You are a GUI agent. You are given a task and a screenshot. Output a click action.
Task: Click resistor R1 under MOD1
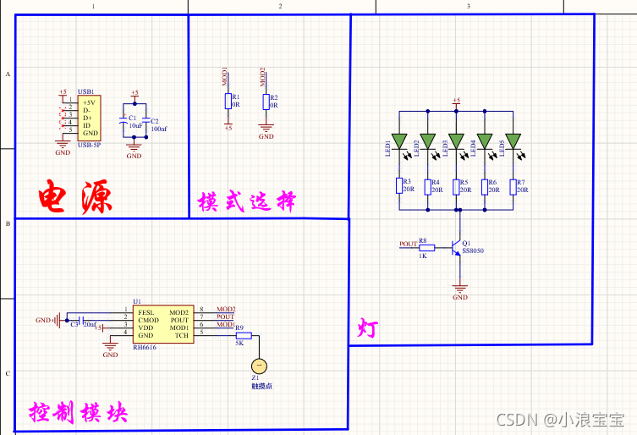point(228,102)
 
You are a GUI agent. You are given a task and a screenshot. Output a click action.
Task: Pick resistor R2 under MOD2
point(266,102)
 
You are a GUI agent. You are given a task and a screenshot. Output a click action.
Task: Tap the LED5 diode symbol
point(512,140)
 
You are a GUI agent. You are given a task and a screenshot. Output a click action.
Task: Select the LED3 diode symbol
point(457,140)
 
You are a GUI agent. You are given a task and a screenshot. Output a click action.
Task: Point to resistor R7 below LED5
point(512,185)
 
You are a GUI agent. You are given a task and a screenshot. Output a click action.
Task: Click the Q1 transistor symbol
point(456,248)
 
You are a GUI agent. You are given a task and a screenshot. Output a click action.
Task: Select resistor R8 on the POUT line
point(426,248)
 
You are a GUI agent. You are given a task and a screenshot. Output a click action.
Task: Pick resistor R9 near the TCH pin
point(244,336)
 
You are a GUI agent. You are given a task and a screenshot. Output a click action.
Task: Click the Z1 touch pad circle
point(260,366)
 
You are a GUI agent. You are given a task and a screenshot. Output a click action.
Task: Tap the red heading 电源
point(75,197)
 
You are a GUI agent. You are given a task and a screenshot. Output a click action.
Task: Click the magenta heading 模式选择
point(247,201)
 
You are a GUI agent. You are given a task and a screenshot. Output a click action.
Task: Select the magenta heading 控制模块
point(78,413)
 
